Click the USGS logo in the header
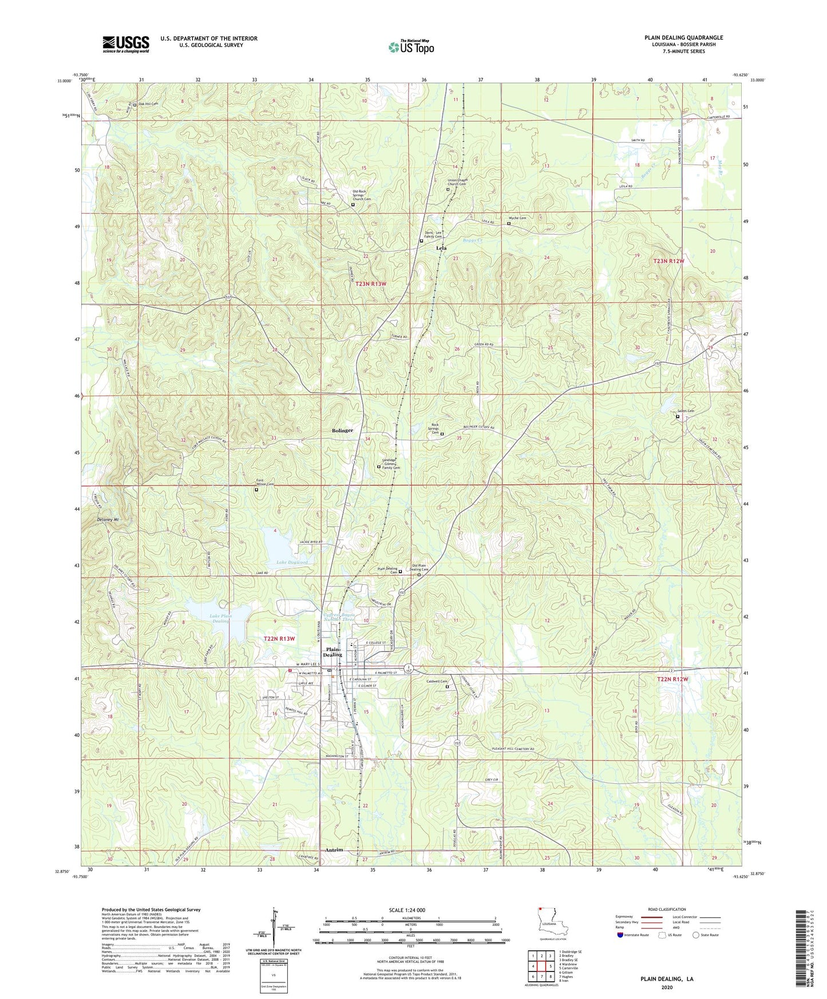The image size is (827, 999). click(126, 44)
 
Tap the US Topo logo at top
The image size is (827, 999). click(411, 47)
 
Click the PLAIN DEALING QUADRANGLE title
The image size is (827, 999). click(683, 38)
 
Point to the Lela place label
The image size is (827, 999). click(441, 248)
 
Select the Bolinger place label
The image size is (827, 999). click(342, 430)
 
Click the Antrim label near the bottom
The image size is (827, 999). click(334, 850)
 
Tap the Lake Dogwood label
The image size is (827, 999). click(292, 562)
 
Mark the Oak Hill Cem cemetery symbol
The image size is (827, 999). click(135, 104)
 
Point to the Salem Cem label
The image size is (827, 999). click(686, 411)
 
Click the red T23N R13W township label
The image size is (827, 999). click(375, 284)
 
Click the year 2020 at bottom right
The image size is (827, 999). click(666, 988)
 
